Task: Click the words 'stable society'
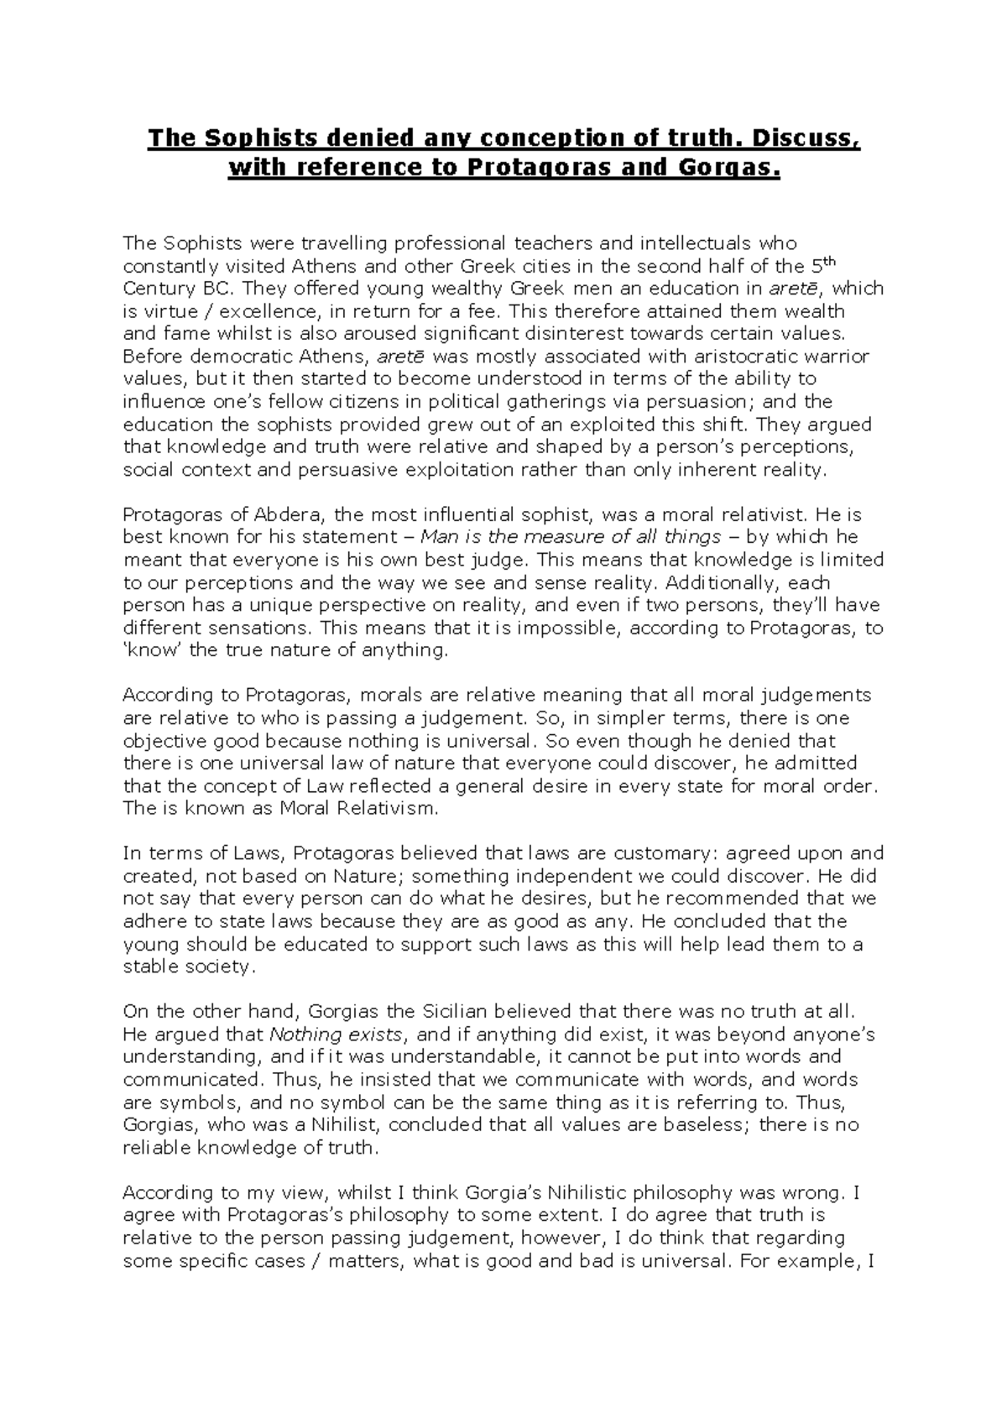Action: (x=186, y=967)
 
